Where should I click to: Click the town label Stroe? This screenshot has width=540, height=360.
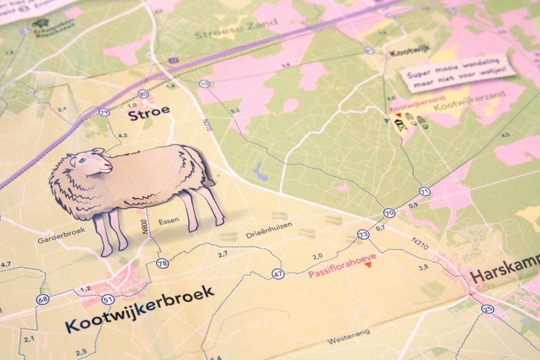148,112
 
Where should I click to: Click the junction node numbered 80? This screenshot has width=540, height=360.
143,93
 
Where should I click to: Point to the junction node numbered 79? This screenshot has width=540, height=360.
105,112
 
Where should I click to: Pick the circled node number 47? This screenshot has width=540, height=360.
278,274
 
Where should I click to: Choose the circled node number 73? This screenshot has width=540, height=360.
363,234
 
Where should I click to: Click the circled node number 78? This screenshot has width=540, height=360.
163,263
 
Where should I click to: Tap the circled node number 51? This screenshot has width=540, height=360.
109,300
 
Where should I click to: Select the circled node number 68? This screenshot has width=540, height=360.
42,299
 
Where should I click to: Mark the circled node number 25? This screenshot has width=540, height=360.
488,309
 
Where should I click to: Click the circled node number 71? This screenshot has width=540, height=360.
424,192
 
